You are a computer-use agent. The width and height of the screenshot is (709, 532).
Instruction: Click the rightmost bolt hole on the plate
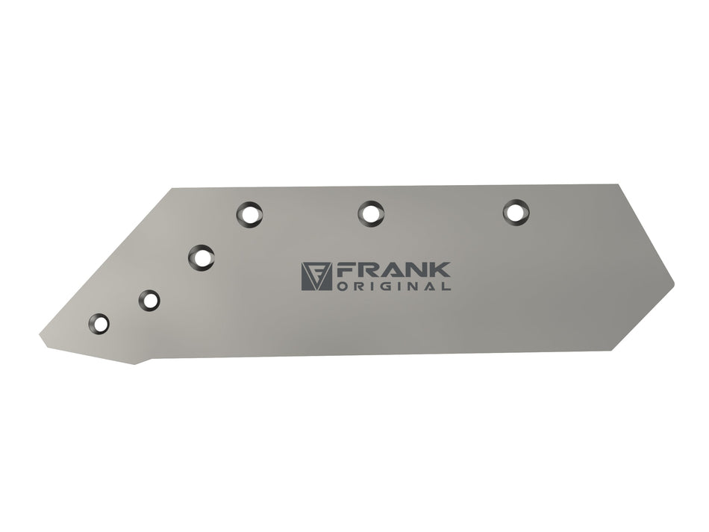pos(516,212)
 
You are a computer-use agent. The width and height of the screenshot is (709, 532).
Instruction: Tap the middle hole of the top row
pos(371,214)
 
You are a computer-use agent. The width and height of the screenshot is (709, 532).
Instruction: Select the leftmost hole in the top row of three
pos(249,214)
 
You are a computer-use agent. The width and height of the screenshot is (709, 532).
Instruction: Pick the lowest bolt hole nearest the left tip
pos(99,324)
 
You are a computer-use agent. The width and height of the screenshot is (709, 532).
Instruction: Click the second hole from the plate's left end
pos(149,301)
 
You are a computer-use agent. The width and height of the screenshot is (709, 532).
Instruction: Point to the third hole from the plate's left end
pos(202,258)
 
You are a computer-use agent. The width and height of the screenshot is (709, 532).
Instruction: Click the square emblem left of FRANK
pos(316,276)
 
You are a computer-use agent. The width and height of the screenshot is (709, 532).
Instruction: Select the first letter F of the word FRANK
pos(345,270)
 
